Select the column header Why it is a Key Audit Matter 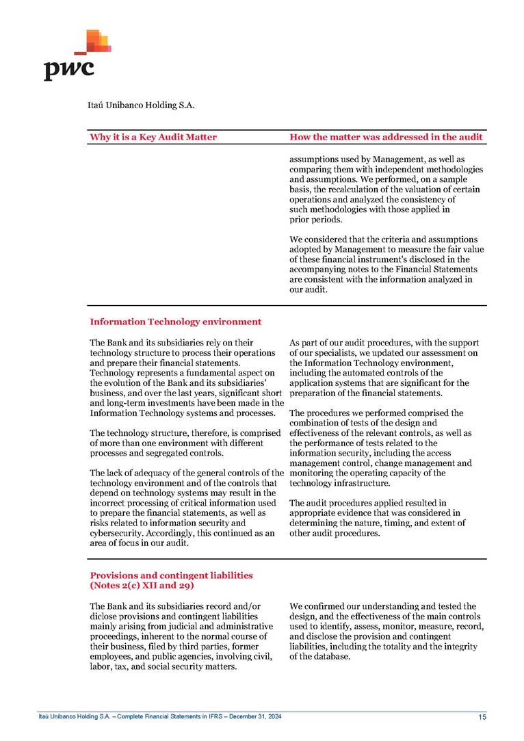[153, 137]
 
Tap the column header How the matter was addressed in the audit [387, 137]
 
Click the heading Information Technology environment [175, 322]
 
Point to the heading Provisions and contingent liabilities [171, 575]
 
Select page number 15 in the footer [482, 717]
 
